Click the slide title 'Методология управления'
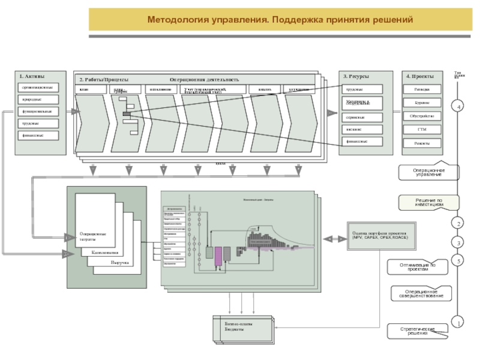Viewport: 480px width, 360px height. [280, 20]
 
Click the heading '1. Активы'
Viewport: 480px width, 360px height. [32, 77]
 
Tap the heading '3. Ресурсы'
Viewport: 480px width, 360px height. [356, 77]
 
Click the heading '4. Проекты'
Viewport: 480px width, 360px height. [418, 77]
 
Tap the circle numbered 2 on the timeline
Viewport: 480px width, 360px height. [459, 223]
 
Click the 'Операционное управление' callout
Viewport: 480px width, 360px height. [428, 172]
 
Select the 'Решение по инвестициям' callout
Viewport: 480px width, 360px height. [429, 202]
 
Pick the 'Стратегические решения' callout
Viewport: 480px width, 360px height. [418, 331]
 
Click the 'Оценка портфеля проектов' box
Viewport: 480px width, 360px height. [379, 236]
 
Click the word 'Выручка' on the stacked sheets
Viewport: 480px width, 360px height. [120, 263]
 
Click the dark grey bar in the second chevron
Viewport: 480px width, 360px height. [127, 113]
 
